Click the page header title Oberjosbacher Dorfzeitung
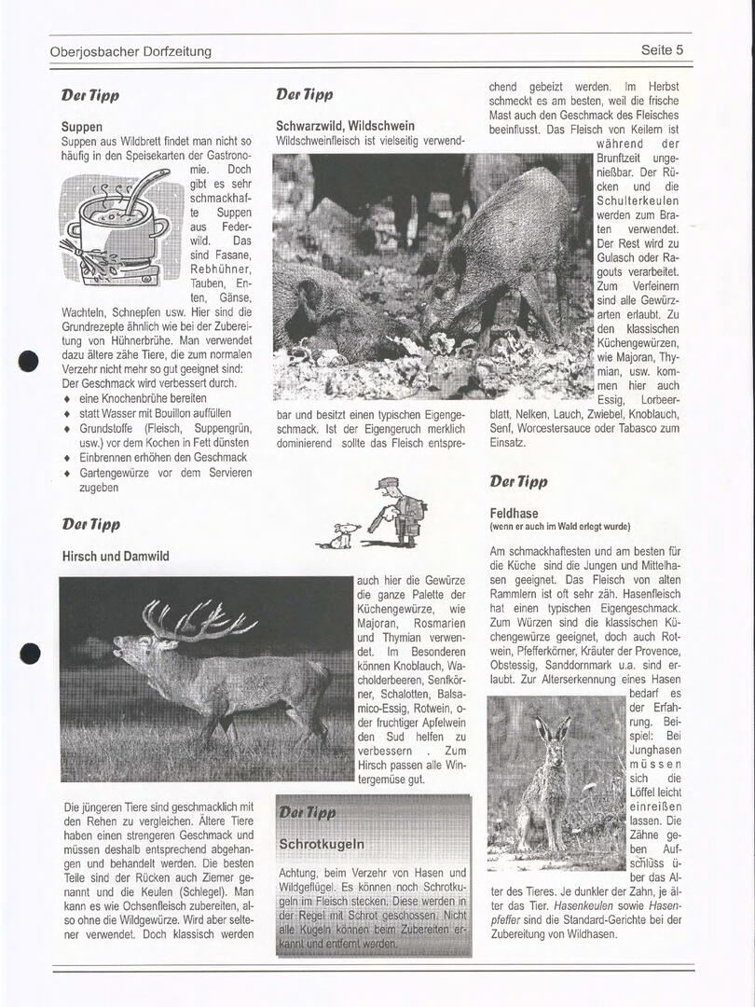pyautogui.click(x=130, y=51)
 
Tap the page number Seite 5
pyautogui.click(x=662, y=50)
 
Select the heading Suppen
pyautogui.click(x=82, y=126)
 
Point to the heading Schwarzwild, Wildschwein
pyautogui.click(x=345, y=125)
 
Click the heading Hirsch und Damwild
pyautogui.click(x=116, y=557)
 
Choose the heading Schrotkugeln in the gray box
pyautogui.click(x=322, y=844)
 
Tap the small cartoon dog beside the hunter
pyautogui.click(x=344, y=535)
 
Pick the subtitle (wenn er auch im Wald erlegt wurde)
pyautogui.click(x=559, y=527)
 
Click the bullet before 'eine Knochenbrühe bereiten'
pyautogui.click(x=66, y=399)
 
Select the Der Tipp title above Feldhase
pyautogui.click(x=518, y=482)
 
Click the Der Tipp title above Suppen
pyautogui.click(x=90, y=95)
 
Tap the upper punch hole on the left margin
pyautogui.click(x=29, y=362)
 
